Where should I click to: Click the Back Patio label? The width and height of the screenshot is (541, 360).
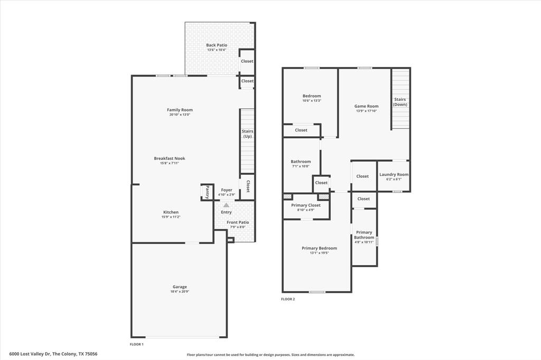pyautogui.click(x=217, y=45)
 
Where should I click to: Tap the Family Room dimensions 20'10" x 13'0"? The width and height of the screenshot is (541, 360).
pyautogui.click(x=180, y=115)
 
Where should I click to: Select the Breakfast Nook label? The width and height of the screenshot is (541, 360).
pyautogui.click(x=170, y=158)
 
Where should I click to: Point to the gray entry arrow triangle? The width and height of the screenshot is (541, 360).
pyautogui.click(x=226, y=205)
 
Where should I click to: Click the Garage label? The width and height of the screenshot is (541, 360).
pyautogui.click(x=180, y=287)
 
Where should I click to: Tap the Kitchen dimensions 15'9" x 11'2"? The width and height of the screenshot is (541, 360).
pyautogui.click(x=171, y=217)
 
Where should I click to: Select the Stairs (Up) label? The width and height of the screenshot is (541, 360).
pyautogui.click(x=247, y=134)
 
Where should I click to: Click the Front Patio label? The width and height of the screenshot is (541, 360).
pyautogui.click(x=238, y=222)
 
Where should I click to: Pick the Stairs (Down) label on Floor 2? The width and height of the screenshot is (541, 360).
pyautogui.click(x=400, y=102)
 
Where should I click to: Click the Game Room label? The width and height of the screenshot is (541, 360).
pyautogui.click(x=366, y=106)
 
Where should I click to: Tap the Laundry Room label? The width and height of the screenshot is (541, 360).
pyautogui.click(x=394, y=175)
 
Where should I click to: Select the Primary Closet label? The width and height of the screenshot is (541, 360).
pyautogui.click(x=306, y=205)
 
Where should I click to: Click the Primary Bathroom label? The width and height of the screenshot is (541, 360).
pyautogui.click(x=364, y=235)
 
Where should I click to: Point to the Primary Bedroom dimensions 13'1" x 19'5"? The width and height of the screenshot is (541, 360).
pyautogui.click(x=319, y=253)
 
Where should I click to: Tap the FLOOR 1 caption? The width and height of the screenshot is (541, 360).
pyautogui.click(x=137, y=344)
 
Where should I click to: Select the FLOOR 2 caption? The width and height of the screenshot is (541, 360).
pyautogui.click(x=288, y=299)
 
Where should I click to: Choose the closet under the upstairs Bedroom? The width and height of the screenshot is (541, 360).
pyautogui.click(x=301, y=130)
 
